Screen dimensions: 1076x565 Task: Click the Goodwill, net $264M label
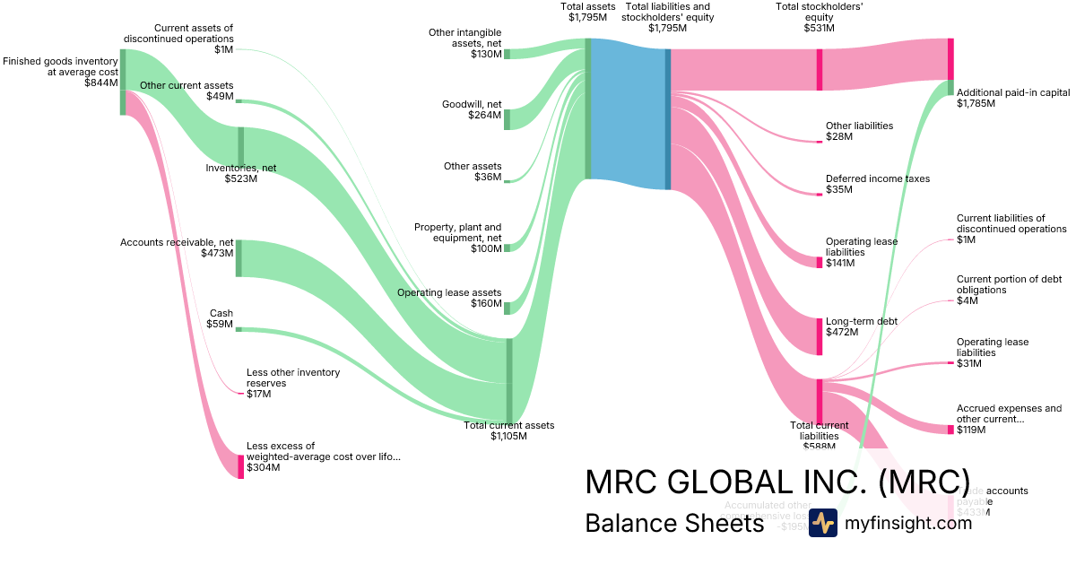472,109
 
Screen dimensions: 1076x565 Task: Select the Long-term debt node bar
819,335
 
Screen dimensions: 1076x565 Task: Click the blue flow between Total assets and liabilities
628,114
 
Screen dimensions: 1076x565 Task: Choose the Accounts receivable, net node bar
239,258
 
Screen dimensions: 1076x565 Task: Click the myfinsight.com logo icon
822,523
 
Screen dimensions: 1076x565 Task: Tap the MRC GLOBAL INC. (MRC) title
777,482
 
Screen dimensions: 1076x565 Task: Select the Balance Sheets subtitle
673,523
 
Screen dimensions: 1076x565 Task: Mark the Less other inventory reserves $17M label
281,382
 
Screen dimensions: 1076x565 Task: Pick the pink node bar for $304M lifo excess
240,466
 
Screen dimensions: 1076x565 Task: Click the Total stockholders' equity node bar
819,69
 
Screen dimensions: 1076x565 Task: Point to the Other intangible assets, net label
465,43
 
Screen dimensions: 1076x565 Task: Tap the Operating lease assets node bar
507,309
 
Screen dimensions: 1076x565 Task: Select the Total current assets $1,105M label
508,430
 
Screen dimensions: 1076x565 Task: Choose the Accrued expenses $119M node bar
950,430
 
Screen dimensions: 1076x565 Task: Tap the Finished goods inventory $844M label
60,72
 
